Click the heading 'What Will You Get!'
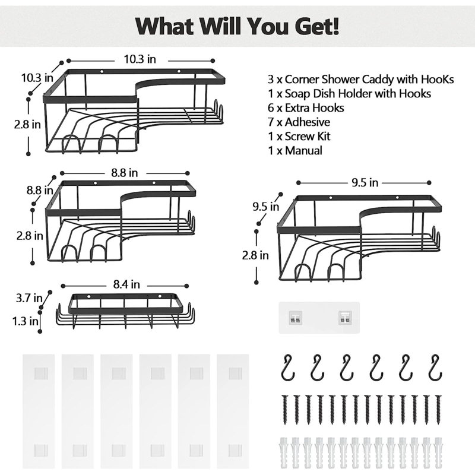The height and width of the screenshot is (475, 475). (237, 26)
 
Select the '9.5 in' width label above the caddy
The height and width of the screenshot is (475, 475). (365, 183)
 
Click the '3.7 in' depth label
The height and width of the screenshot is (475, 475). (29, 297)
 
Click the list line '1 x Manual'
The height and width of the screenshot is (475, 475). (295, 151)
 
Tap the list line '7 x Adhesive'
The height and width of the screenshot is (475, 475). (300, 122)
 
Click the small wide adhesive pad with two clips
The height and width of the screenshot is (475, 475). (319, 318)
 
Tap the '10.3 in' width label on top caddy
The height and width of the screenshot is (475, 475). (140, 60)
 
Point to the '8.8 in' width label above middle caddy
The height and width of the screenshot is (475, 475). (125, 173)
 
